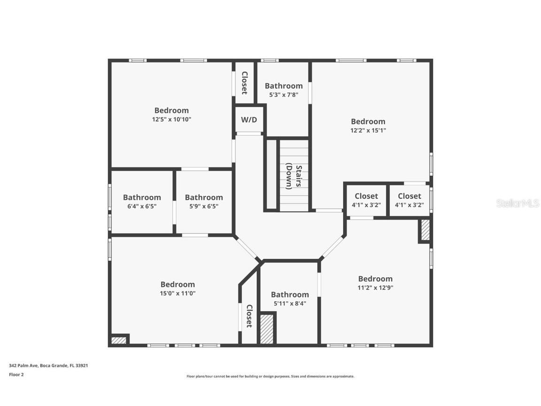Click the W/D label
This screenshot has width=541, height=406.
coord(249,120)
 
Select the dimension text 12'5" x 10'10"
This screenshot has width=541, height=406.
coord(171,119)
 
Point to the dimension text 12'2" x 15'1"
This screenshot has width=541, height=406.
coord(368,130)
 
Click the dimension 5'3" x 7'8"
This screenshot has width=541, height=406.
coord(283,94)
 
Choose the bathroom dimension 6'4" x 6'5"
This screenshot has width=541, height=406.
coord(142,206)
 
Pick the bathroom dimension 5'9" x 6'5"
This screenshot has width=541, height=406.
coord(203,206)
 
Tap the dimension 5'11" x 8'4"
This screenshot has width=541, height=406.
coord(290,304)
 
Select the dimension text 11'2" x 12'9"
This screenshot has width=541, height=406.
coord(375,288)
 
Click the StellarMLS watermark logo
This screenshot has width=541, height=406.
coord(518,203)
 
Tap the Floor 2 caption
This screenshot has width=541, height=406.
coord(16,375)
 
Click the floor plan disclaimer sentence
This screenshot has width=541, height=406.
coord(270,376)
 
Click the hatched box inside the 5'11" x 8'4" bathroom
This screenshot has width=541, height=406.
coord(267,329)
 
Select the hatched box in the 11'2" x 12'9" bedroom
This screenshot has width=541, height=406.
coord(425,231)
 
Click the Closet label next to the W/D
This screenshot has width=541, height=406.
coord(244,83)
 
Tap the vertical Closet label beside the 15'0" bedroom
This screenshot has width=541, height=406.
coord(249,316)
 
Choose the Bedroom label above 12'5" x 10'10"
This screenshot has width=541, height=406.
coord(171,110)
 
